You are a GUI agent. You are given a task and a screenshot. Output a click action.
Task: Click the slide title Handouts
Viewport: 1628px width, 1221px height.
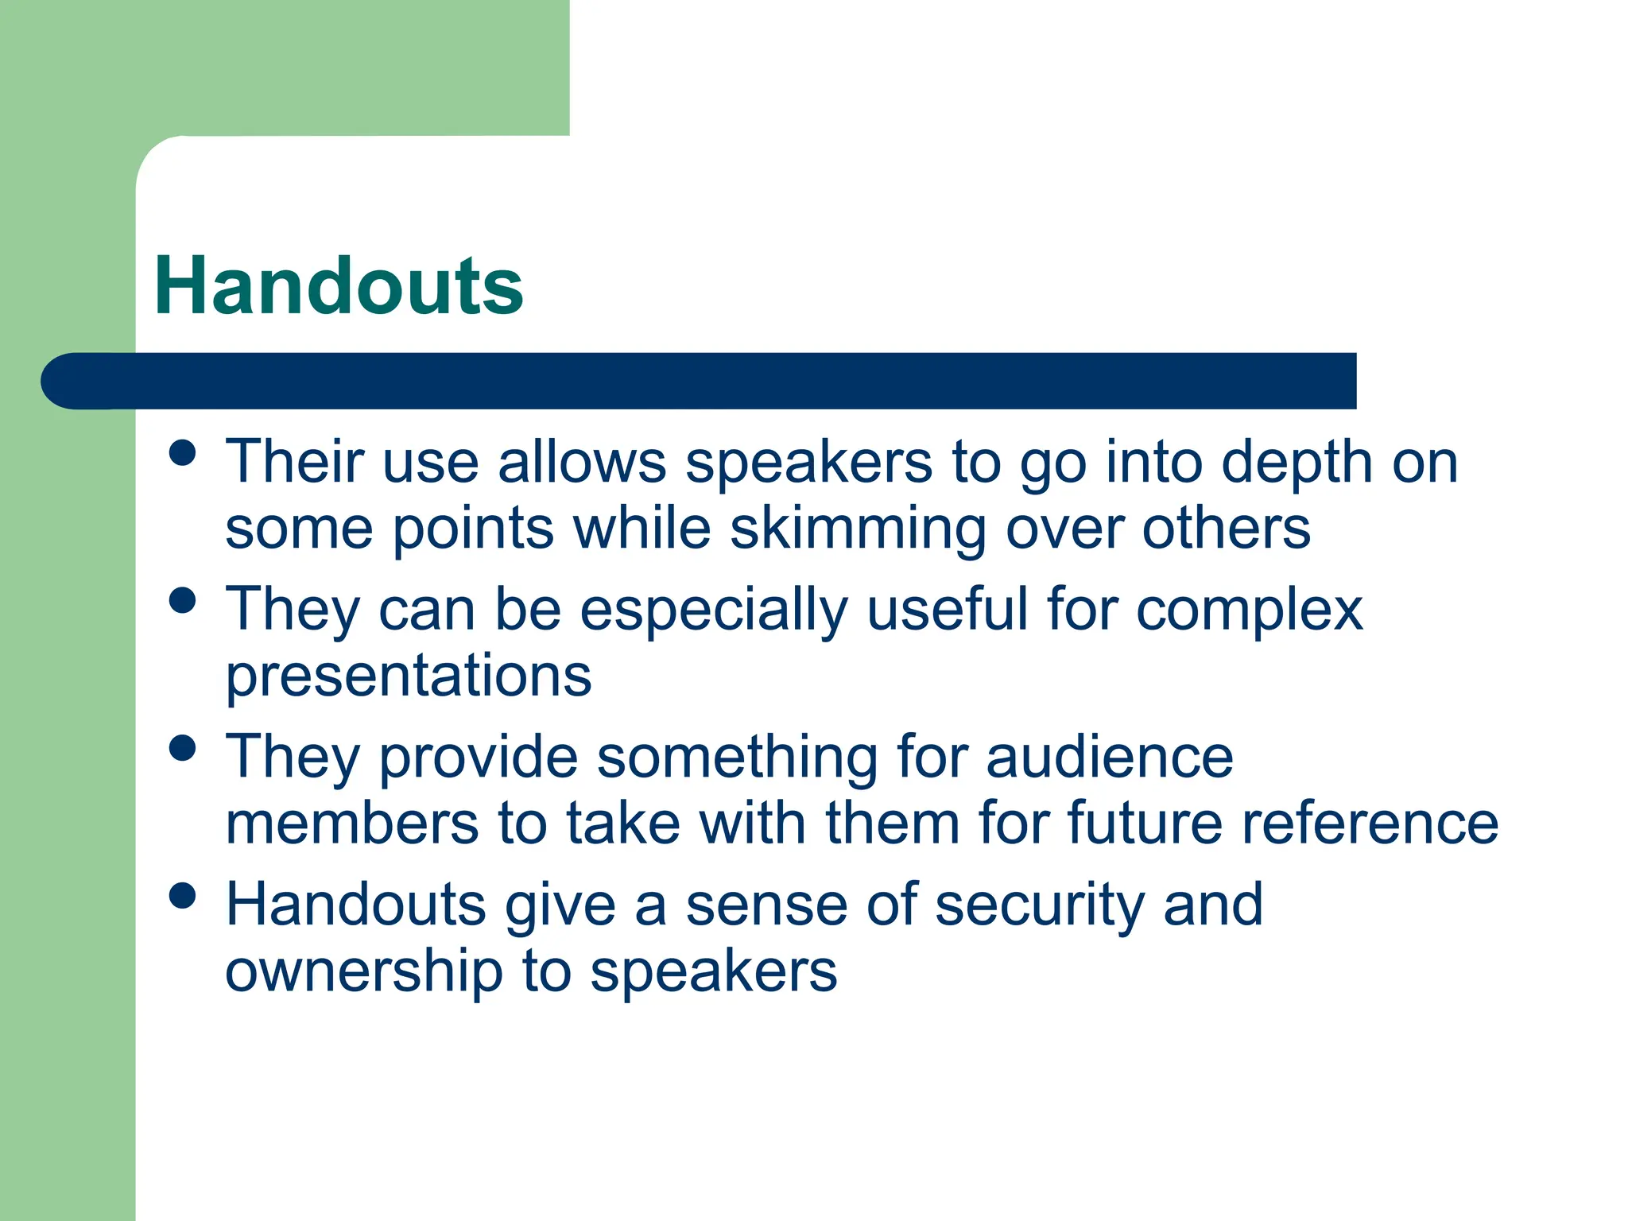pos(339,286)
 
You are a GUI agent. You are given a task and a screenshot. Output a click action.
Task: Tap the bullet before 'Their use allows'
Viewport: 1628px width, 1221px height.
pos(183,453)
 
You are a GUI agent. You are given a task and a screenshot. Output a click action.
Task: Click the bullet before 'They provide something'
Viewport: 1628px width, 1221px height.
pos(183,748)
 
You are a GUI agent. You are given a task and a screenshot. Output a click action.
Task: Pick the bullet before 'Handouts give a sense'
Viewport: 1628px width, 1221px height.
pos(183,896)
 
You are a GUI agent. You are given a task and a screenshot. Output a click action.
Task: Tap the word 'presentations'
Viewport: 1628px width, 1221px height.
pos(409,676)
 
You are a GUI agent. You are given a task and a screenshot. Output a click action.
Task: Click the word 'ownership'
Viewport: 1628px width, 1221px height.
pos(364,971)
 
